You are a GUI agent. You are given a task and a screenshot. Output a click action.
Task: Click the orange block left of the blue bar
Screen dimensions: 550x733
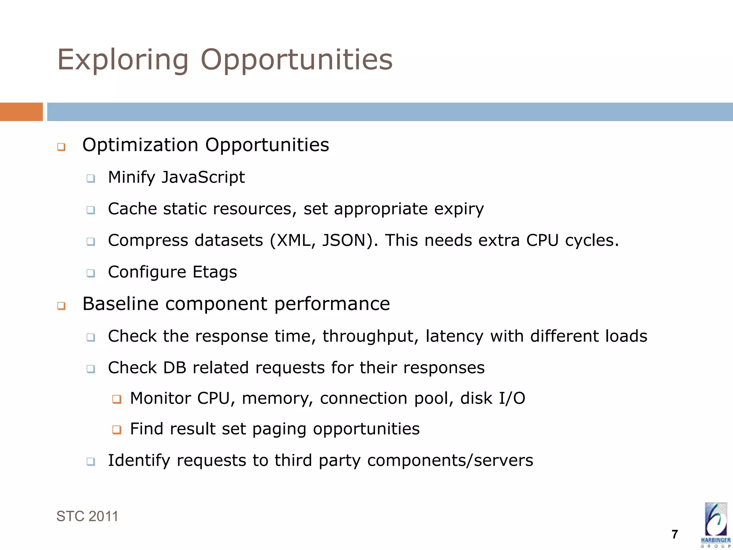tap(21, 112)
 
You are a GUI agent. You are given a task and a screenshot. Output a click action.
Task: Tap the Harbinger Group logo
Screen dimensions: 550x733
tap(715, 525)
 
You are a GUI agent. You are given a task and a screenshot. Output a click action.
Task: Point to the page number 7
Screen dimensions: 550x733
tap(675, 534)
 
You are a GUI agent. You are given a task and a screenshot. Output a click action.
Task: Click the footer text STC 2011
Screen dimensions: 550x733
tap(87, 516)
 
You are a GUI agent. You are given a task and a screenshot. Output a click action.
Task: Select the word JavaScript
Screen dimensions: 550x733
tap(203, 178)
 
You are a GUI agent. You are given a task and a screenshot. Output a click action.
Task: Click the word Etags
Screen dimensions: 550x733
tap(215, 272)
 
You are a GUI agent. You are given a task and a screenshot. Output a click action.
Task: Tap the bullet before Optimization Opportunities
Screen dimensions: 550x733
tap(61, 147)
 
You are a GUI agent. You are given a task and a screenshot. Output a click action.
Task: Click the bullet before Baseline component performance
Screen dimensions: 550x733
tap(61, 306)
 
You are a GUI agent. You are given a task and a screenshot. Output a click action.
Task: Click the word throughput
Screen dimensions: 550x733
tap(370, 337)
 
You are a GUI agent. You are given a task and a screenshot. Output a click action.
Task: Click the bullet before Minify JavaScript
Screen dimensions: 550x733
tap(91, 178)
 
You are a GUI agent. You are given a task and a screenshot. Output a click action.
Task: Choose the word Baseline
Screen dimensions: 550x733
tap(120, 304)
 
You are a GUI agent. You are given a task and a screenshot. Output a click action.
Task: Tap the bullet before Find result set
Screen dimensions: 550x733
tap(117, 429)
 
